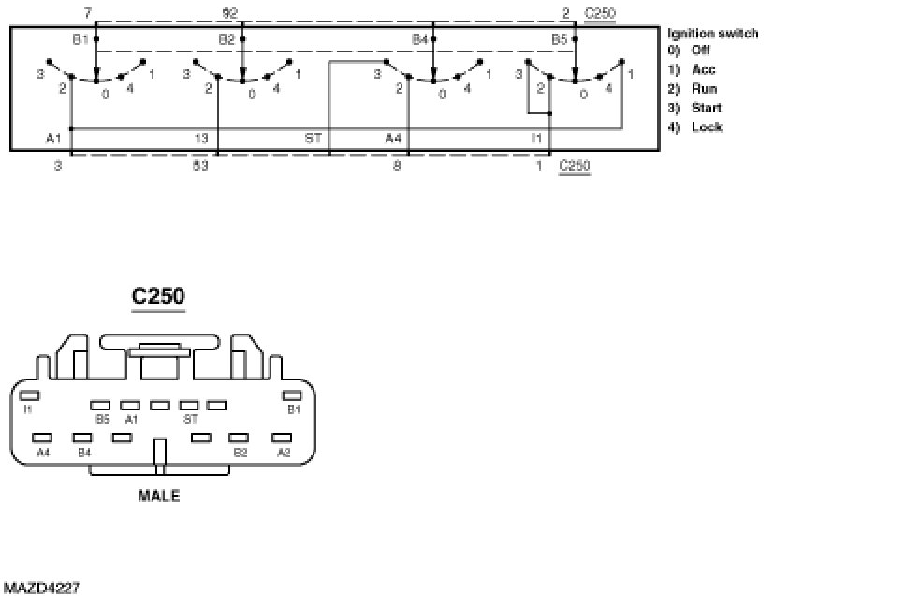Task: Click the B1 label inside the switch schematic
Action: tap(80, 38)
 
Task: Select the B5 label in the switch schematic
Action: tap(559, 39)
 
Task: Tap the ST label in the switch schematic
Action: tap(314, 138)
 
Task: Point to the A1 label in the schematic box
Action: tap(53, 138)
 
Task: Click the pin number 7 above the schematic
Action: tap(87, 12)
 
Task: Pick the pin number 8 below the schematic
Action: tap(397, 166)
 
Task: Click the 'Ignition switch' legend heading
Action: tap(712, 34)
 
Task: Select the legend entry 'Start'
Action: tap(707, 108)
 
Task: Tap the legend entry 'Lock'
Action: tap(707, 127)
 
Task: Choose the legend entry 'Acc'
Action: tap(704, 70)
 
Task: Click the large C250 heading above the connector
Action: tap(158, 296)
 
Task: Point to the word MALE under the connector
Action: tap(159, 496)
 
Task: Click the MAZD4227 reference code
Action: tap(41, 588)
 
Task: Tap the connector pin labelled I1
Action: tap(28, 396)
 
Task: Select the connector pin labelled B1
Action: tap(292, 396)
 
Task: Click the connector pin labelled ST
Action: tap(188, 406)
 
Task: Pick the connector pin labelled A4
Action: tap(42, 438)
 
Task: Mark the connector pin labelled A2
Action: tap(283, 438)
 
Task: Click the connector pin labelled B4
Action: tap(83, 438)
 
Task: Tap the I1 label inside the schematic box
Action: tap(536, 138)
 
